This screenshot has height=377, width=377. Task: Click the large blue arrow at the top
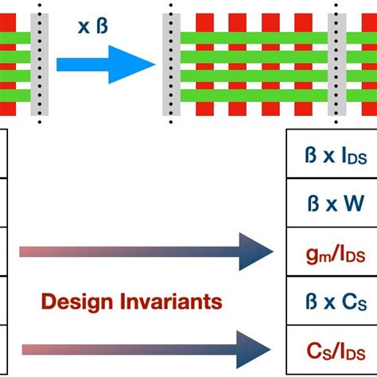click(x=103, y=64)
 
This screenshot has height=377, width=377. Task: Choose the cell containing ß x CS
click(x=330, y=302)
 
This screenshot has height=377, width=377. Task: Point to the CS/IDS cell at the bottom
click(x=330, y=351)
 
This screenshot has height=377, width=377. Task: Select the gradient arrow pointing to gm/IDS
click(x=143, y=253)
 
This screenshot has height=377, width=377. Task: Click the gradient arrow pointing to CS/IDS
click(x=143, y=348)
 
